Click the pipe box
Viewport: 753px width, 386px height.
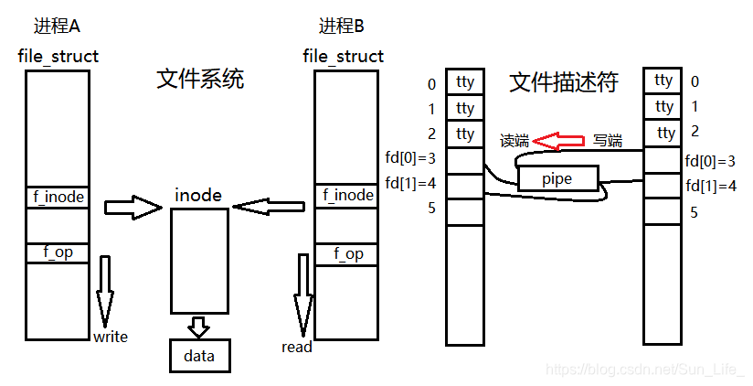coord(557,178)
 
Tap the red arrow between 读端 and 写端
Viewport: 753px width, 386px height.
coord(558,141)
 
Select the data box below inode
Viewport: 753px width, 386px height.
coord(199,355)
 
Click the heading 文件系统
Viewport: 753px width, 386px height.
coord(201,80)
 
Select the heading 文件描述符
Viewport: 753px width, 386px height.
coord(563,82)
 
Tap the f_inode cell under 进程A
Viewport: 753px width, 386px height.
coord(58,196)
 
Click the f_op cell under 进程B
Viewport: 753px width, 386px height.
coord(346,253)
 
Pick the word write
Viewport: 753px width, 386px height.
coord(111,337)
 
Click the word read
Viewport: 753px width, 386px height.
coord(297,347)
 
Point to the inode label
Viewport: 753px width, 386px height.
coord(198,195)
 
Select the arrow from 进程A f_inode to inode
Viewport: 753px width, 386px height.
coord(133,207)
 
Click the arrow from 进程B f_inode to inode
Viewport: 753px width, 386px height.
coord(269,207)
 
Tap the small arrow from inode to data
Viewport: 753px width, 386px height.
coord(198,327)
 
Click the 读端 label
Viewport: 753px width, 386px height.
coord(514,141)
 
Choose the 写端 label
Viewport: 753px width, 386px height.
coord(608,141)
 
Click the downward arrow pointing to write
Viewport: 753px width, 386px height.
coord(105,291)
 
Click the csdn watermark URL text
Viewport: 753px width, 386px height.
coord(644,369)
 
